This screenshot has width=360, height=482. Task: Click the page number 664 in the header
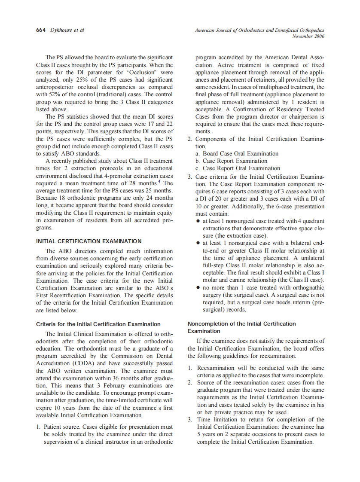[x=41, y=30]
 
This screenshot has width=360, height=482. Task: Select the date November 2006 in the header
[x=308, y=37]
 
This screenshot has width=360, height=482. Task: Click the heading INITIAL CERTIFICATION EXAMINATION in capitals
[x=89, y=241]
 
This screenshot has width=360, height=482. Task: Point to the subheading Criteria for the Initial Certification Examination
[x=98, y=324]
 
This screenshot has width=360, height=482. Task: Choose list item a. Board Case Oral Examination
[x=237, y=153]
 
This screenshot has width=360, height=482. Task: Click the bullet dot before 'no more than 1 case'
[x=198, y=288]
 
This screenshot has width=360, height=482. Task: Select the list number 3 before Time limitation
[x=190, y=419]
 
